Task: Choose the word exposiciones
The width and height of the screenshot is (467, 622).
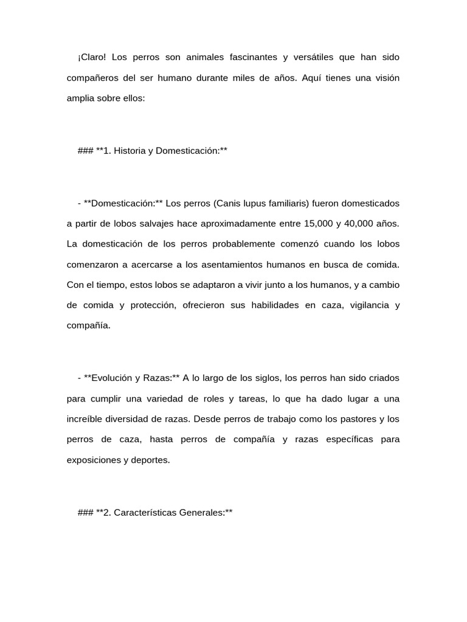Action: coord(94,460)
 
